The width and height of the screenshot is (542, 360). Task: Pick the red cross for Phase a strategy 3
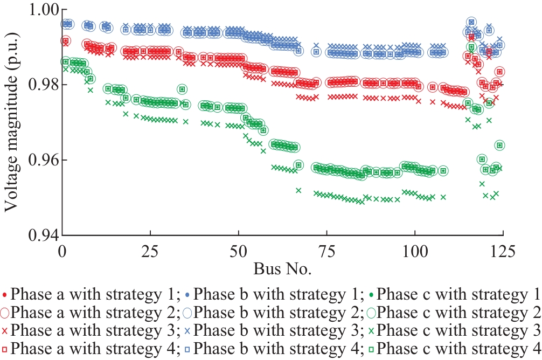click(5, 330)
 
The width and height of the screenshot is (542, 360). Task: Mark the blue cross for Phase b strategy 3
click(187, 330)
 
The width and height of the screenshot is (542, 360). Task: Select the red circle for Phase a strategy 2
click(5, 313)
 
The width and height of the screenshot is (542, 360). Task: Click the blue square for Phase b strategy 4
click(187, 348)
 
